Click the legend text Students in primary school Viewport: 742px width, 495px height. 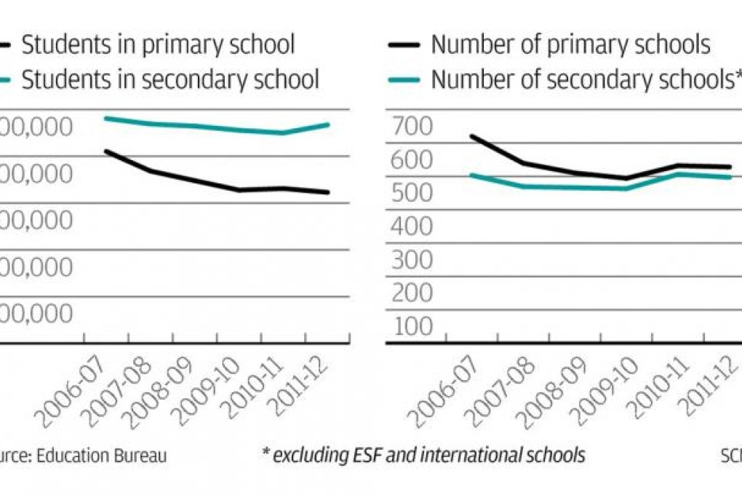coord(158,45)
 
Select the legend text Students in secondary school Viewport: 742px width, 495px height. coord(170,79)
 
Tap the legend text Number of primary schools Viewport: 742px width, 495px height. coord(570,45)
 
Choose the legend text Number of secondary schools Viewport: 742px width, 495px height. coord(579,79)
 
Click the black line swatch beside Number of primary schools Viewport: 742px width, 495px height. coord(403,45)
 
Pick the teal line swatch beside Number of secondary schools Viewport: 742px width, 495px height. coord(403,79)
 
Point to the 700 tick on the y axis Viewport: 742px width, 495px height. coord(412,127)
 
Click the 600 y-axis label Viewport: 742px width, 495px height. coord(412,160)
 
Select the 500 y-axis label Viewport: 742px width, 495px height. coord(412,194)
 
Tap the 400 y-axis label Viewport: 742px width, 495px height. coord(412,227)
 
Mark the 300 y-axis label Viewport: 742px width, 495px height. coord(412,261)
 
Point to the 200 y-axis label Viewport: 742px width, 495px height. coord(412,293)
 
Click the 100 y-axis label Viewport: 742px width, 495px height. coord(412,327)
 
